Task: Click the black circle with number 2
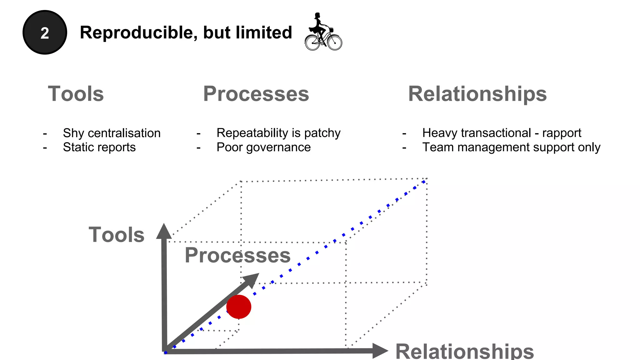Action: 45,32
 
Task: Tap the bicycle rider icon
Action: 323,32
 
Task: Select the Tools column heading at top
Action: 76,94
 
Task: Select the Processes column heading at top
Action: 256,94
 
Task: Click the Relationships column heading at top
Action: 477,94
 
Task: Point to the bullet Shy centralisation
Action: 112,133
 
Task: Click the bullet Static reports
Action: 99,147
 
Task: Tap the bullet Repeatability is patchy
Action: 278,133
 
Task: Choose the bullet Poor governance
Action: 263,147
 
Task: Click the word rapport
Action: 562,133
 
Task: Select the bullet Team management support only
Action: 511,147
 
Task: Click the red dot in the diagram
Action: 239,307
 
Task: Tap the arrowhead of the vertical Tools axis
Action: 164,231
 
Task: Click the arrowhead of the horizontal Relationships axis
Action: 379,351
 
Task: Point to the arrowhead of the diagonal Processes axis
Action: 252,279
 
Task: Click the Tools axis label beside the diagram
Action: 116,235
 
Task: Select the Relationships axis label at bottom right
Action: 464,352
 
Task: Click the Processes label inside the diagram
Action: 237,255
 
